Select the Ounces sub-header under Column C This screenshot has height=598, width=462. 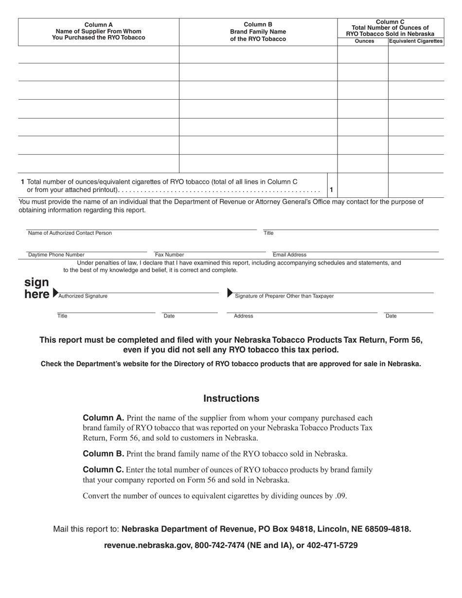364,41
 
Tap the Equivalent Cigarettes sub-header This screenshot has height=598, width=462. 416,41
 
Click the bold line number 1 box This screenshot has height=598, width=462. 331,189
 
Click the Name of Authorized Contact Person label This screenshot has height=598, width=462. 70,233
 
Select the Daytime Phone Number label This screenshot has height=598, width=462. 56,255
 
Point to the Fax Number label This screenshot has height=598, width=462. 169,255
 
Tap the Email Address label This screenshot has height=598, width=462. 289,255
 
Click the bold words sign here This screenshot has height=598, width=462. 37,288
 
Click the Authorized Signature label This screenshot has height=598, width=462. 83,296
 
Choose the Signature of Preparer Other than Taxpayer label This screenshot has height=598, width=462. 284,296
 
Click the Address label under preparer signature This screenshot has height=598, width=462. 243,316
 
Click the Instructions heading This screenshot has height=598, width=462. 231,399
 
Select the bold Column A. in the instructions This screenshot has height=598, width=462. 104,418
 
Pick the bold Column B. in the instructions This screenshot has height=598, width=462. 104,454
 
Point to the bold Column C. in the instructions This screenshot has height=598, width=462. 104,470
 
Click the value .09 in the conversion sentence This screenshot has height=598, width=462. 340,496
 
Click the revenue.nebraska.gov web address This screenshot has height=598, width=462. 147,545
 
